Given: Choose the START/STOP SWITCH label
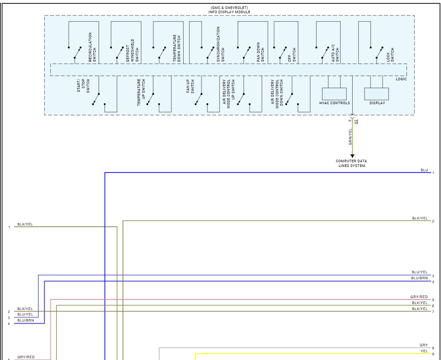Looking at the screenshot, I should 83,85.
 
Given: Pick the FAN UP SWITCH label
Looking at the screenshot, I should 190,86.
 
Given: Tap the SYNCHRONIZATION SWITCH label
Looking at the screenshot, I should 220,45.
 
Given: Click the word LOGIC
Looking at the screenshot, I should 401,79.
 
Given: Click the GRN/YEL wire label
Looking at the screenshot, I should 350,137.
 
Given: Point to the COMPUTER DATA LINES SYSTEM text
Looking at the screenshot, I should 351,164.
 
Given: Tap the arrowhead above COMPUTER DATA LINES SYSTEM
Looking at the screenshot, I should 352,156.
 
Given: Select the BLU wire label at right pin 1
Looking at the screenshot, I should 424,170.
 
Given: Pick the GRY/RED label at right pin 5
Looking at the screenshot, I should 419,297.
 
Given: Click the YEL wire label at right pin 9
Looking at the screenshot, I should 424,351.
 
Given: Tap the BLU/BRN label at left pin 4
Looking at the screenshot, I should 26,320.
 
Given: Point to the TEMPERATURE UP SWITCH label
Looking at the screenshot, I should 141,92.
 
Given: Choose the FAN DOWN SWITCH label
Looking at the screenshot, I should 260,53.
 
